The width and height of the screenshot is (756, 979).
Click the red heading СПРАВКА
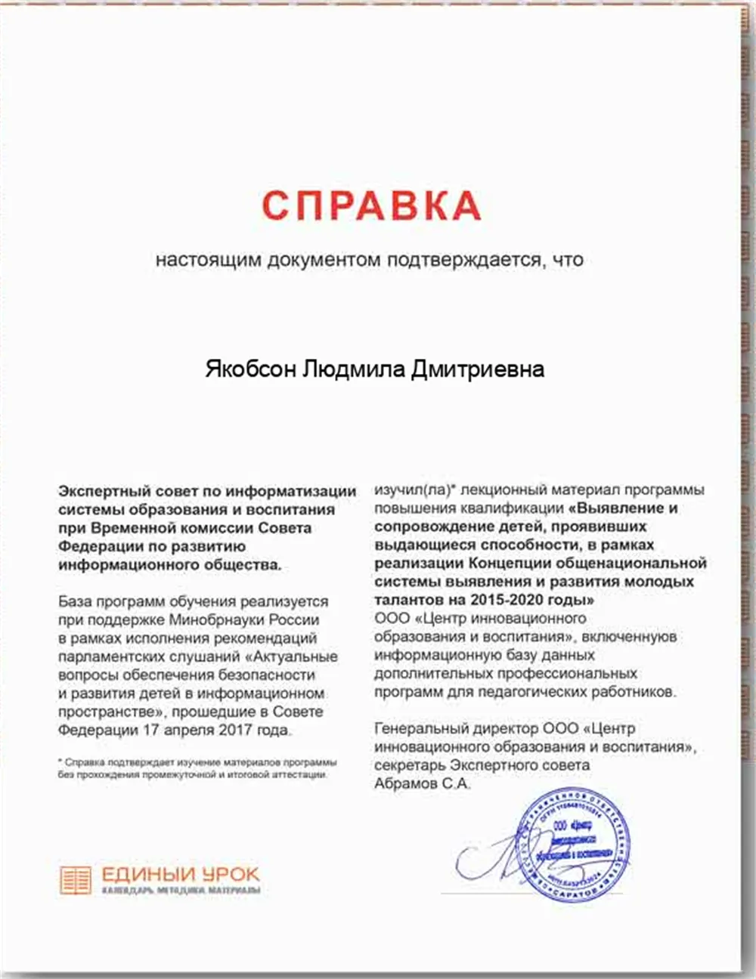coord(371,205)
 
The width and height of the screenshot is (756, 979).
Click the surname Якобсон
coord(250,369)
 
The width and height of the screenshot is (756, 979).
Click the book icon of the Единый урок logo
coord(76,880)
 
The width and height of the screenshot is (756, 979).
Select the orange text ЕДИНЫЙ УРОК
coord(180,875)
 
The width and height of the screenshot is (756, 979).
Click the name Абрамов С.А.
coord(422,784)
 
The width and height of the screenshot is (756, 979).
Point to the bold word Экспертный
coord(102,491)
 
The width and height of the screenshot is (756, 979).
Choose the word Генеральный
coord(420,729)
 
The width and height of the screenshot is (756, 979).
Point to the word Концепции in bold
coord(507,564)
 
